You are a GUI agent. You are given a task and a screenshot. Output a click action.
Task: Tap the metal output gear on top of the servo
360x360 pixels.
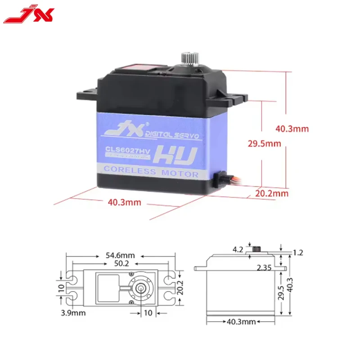[188, 58]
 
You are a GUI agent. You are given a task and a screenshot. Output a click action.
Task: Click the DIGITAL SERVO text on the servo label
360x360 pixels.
[174, 135]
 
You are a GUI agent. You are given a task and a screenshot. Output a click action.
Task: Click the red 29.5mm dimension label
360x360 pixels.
[264, 144]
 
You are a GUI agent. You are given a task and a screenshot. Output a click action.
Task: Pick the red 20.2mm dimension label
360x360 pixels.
[271, 193]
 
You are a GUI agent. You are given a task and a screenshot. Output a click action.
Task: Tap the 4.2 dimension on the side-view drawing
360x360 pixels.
[238, 249]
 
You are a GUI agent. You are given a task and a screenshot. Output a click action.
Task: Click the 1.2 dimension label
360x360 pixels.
[298, 253]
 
